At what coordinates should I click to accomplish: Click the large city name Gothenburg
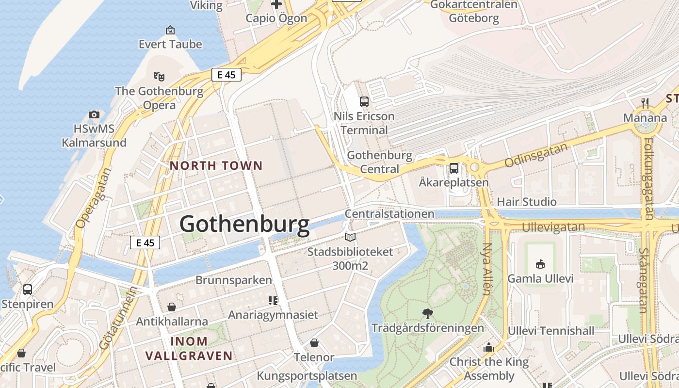(x=244, y=225)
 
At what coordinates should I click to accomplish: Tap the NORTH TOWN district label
(x=216, y=166)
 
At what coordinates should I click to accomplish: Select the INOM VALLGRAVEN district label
(x=189, y=349)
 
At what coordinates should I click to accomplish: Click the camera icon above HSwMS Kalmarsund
(x=94, y=115)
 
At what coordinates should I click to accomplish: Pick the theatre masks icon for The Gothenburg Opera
(x=159, y=76)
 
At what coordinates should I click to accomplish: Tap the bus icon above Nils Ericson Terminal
(x=364, y=102)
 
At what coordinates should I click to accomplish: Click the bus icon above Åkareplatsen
(x=454, y=168)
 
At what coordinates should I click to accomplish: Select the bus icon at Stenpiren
(x=28, y=290)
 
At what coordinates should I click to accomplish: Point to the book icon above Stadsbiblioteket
(x=350, y=237)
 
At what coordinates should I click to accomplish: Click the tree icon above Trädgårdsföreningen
(x=428, y=313)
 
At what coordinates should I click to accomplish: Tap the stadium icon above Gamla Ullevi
(x=540, y=264)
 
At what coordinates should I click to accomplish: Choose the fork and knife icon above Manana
(x=645, y=103)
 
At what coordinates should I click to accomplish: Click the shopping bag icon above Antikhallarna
(x=172, y=307)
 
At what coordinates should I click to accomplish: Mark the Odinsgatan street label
(x=536, y=155)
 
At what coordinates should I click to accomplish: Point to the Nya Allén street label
(x=487, y=269)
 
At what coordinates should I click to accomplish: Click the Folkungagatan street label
(x=647, y=178)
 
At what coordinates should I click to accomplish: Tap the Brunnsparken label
(x=234, y=280)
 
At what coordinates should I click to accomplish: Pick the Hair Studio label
(x=527, y=202)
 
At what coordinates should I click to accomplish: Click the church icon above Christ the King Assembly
(x=488, y=348)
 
